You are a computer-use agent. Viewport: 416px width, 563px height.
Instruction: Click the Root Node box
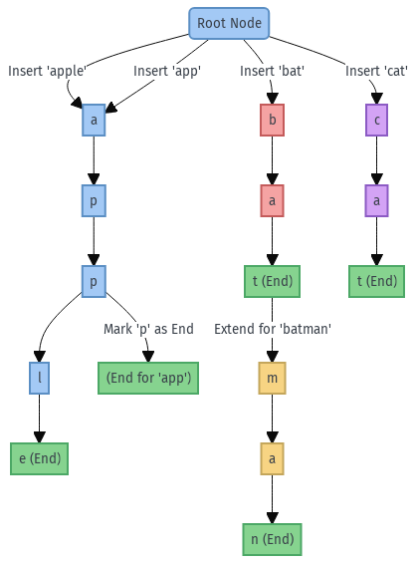(x=229, y=23)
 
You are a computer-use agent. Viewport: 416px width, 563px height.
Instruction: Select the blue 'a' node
(x=94, y=120)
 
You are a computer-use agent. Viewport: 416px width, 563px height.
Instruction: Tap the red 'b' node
(x=272, y=120)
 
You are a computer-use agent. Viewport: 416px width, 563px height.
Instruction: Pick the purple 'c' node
(x=376, y=120)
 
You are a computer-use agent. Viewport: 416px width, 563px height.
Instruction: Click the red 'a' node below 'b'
(x=272, y=200)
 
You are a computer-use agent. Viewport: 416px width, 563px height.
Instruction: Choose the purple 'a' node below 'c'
(x=376, y=200)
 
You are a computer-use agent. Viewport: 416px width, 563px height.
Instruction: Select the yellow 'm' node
(x=272, y=378)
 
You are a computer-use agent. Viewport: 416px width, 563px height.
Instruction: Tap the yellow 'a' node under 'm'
(x=272, y=458)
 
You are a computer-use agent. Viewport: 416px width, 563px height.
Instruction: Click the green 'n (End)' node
(x=272, y=539)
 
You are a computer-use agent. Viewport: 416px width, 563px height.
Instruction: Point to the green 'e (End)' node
(x=39, y=458)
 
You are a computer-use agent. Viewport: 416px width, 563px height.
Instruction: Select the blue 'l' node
(x=39, y=378)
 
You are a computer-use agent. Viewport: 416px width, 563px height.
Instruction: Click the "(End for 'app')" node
(x=147, y=378)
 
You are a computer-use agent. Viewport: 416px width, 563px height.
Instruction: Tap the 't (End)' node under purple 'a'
(x=376, y=281)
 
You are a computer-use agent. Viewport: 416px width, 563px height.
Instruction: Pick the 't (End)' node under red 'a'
(x=272, y=281)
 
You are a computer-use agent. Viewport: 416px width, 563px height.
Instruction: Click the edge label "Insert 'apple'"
(x=48, y=71)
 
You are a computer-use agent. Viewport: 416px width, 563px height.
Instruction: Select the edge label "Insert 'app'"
(x=167, y=71)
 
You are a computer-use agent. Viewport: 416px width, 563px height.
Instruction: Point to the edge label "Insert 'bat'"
(x=272, y=71)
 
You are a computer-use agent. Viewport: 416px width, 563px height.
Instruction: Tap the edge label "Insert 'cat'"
(x=376, y=71)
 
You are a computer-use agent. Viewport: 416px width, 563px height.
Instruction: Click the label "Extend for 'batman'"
(x=272, y=329)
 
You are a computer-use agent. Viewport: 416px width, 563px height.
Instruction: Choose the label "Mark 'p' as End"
(x=148, y=329)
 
